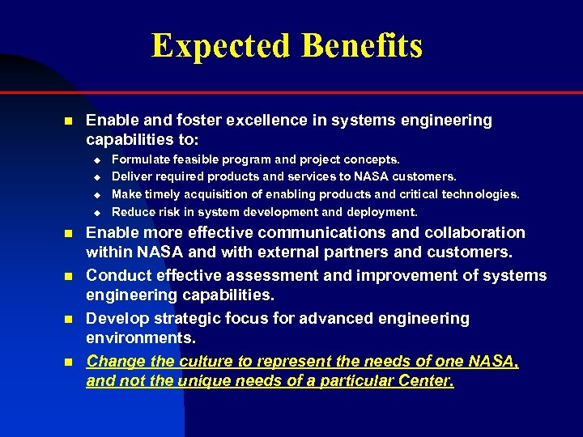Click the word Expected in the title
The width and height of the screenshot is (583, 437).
point(221,46)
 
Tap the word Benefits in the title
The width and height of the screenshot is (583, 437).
point(362,46)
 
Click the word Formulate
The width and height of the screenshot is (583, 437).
point(143,160)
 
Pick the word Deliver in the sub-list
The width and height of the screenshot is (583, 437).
point(133,176)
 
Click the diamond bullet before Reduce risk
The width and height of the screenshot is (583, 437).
point(95,213)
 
